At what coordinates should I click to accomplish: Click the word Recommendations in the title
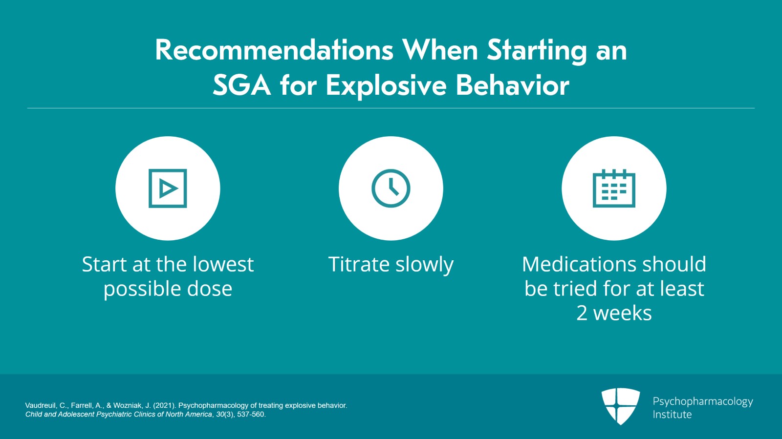point(274,50)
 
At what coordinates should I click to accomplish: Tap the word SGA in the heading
point(241,85)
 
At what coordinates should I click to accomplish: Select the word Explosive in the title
point(386,86)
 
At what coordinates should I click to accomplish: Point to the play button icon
point(168,188)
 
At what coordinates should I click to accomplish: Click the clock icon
point(391,188)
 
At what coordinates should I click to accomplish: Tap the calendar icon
point(614,188)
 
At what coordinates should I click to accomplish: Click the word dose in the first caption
point(210,289)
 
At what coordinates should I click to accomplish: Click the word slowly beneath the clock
point(424,265)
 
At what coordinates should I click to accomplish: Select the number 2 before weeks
point(582,313)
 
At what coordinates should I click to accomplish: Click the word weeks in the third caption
point(622,313)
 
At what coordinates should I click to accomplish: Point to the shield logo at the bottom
point(620,406)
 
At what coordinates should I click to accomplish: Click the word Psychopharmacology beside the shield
point(702,401)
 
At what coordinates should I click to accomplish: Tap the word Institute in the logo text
point(672,415)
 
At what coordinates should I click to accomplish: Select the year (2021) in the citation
point(164,405)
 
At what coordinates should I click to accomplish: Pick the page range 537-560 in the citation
point(251,414)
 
